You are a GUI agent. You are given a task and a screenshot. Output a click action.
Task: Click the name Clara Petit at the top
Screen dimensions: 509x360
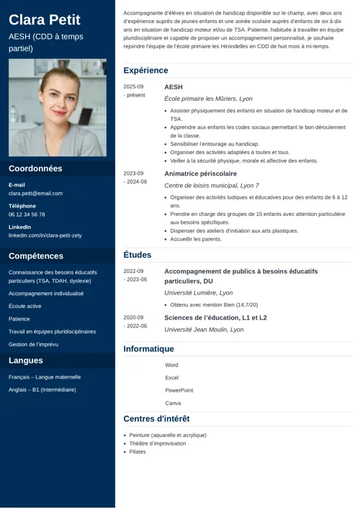coord(44,19)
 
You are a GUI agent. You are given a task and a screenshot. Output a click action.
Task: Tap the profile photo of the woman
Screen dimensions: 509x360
coord(58,108)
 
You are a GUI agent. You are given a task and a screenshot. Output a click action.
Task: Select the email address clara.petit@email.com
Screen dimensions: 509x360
coord(35,194)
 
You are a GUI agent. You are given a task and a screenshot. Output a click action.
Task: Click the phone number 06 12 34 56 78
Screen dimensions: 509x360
coord(27,215)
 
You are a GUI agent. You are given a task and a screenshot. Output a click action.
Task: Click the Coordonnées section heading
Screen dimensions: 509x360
coord(35,168)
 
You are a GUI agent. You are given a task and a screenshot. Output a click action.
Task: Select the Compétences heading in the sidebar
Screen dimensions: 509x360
coord(36,256)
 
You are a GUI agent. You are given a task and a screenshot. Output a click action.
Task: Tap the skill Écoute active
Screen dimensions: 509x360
coord(25,306)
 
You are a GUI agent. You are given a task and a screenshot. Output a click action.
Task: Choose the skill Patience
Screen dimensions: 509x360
coord(19,318)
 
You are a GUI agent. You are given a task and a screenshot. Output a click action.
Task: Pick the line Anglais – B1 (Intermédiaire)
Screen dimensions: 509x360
coord(42,389)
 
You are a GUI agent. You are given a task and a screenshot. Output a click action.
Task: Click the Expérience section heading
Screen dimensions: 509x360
coord(145,71)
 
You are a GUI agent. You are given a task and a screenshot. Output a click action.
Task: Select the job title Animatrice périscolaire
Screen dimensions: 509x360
coord(200,174)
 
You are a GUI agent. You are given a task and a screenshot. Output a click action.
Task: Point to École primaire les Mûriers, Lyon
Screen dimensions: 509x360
coord(208,99)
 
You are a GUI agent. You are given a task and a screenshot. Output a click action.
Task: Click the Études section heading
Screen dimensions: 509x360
coord(137,255)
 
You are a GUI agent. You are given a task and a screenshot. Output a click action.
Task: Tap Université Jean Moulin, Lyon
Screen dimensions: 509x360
coord(204,329)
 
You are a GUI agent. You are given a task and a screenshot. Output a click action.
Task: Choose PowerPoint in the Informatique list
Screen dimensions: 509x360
coord(179,390)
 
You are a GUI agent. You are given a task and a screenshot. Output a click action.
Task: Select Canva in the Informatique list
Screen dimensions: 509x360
coord(173,403)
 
